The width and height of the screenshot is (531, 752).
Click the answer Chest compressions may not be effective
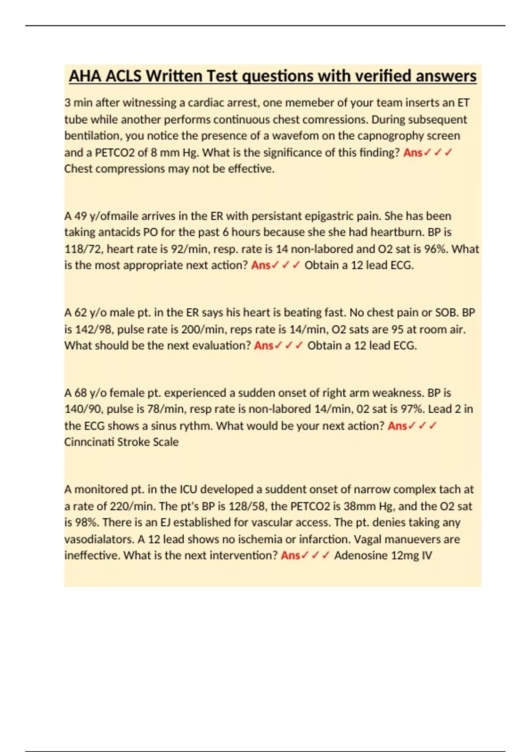click(169, 169)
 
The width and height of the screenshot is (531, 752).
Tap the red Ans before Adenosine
click(290, 556)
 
